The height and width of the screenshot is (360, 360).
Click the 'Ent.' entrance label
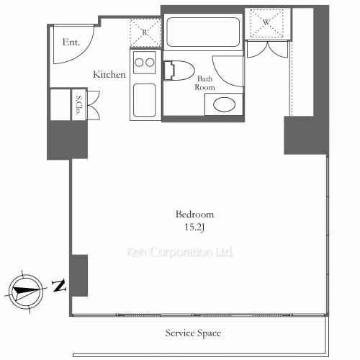[x=71, y=42]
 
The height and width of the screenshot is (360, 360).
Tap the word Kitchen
[x=109, y=74]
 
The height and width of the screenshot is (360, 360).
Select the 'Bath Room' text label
[x=204, y=83]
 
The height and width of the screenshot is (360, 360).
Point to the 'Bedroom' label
[x=194, y=214]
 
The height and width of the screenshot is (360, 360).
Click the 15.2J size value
[x=194, y=227]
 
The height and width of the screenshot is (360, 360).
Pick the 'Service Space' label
[x=193, y=333]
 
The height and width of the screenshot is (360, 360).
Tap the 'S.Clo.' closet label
[x=78, y=105]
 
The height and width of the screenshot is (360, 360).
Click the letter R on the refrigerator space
[x=145, y=32]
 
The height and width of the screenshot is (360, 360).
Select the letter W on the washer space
[x=266, y=22]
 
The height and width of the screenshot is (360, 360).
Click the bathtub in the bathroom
[x=203, y=32]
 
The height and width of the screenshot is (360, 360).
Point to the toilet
[x=179, y=71]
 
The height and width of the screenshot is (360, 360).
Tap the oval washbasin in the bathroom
[x=225, y=104]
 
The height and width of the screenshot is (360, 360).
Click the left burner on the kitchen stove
[x=139, y=63]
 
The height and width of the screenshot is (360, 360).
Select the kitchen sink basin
[x=145, y=100]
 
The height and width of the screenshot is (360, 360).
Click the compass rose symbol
[x=26, y=292]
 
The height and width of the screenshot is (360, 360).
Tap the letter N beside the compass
[x=59, y=285]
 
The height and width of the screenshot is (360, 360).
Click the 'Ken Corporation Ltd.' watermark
[x=180, y=252]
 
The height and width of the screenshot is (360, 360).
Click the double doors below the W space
[x=267, y=50]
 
